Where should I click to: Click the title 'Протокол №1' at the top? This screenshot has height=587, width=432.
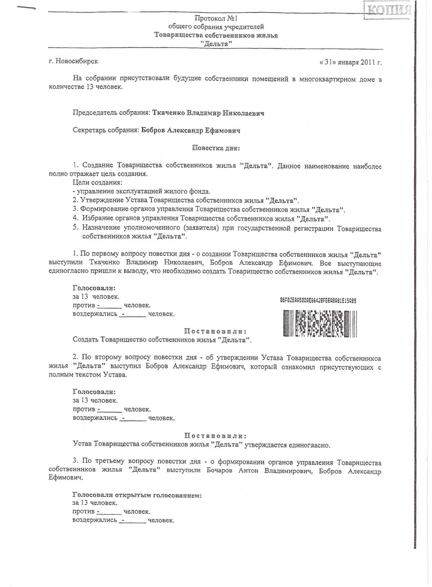click(216, 18)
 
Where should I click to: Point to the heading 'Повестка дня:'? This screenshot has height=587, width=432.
click(215, 147)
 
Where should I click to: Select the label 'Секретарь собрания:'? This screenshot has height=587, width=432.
click(105, 130)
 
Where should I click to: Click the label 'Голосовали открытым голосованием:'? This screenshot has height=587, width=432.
click(137, 495)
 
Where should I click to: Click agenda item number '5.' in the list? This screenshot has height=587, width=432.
click(76, 228)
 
